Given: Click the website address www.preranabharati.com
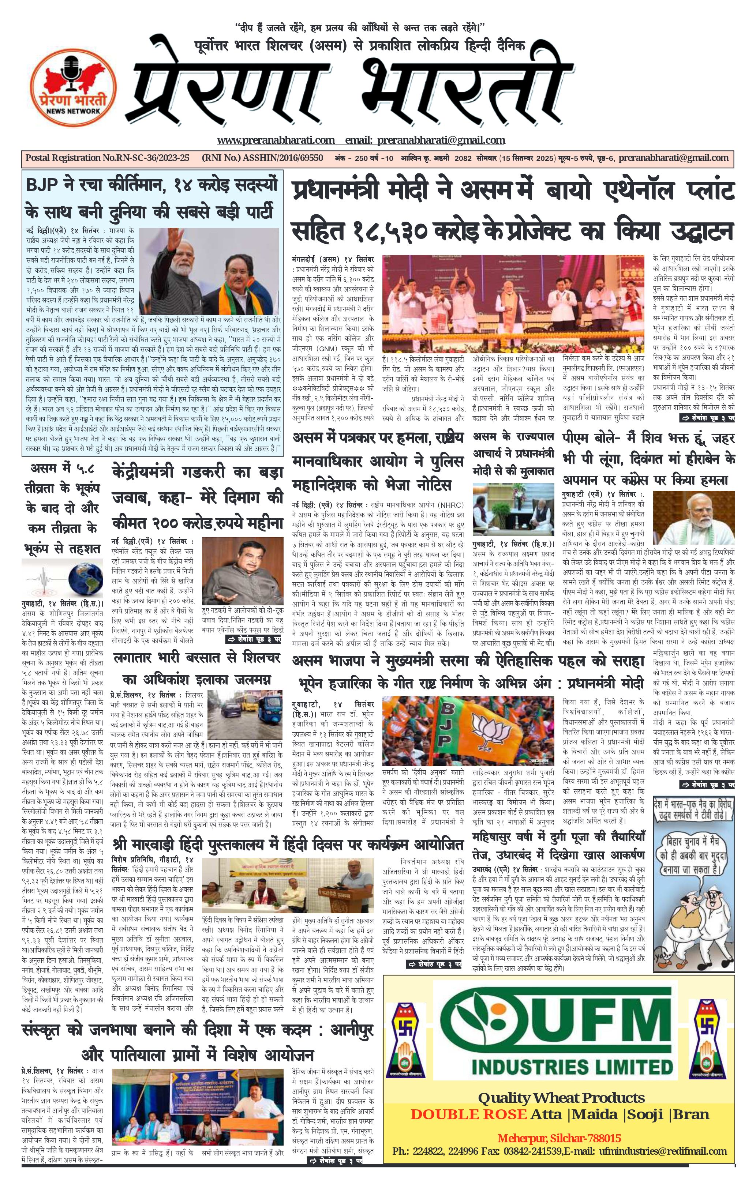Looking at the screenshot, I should click(x=275, y=140).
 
